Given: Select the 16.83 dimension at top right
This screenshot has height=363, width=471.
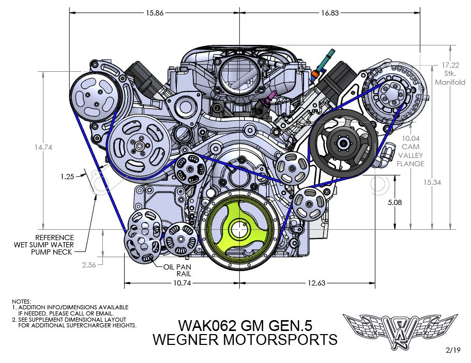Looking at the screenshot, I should tap(330, 13).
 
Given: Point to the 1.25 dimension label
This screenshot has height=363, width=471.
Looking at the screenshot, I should tap(67, 177).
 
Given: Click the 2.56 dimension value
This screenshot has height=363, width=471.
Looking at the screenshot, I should tap(90, 265).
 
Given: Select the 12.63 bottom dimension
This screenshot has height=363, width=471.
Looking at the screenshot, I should tap(317, 283).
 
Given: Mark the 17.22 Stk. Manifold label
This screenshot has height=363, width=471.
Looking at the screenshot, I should tap(450, 74).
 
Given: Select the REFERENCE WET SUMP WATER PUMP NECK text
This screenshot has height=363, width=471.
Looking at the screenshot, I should tap(44, 245).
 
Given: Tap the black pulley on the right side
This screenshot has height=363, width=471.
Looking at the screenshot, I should tap(343, 143).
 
